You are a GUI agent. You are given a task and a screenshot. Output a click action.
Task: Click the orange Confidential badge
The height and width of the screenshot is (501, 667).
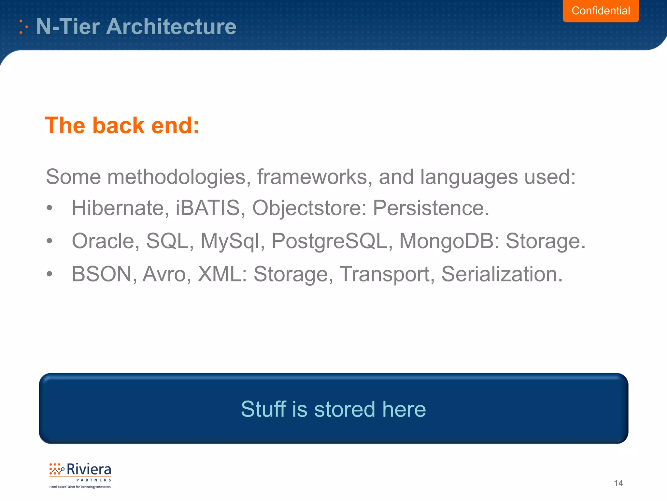601,11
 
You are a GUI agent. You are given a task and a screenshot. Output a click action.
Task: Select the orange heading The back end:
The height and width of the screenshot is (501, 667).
122,126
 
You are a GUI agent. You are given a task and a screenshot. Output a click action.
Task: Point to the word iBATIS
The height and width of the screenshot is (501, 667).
208,208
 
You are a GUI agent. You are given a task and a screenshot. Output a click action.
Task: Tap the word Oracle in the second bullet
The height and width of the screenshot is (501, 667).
103,241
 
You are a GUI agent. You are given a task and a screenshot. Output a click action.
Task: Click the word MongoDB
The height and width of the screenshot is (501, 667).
446,241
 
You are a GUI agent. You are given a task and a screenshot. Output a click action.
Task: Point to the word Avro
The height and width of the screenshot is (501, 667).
164,274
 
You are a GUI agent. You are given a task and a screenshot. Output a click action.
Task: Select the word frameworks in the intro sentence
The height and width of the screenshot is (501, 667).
312,177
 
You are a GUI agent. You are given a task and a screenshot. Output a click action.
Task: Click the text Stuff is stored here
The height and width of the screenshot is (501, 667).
333,409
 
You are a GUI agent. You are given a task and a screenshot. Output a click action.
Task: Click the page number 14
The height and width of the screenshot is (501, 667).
618,483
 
